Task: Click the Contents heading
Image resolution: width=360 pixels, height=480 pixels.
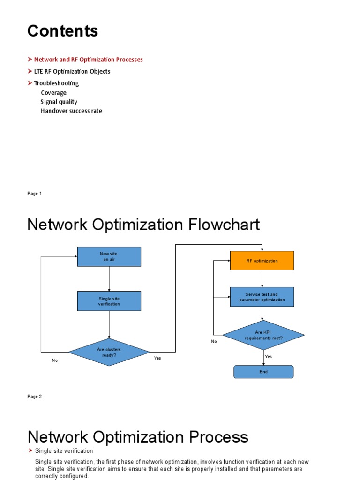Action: pyautogui.click(x=63, y=31)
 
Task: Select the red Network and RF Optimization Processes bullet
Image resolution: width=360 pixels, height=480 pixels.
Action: pyautogui.click(x=88, y=60)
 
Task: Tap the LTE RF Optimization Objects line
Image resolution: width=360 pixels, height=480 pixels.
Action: pyautogui.click(x=72, y=71)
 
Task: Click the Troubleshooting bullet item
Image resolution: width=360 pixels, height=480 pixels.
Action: pyautogui.click(x=56, y=83)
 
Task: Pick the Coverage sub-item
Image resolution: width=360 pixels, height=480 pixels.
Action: pyautogui.click(x=53, y=92)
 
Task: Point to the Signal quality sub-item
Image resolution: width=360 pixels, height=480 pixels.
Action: pyautogui.click(x=59, y=102)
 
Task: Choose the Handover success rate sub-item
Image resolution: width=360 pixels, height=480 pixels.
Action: pyautogui.click(x=71, y=111)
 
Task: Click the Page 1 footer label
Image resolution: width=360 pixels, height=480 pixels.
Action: pyautogui.click(x=35, y=194)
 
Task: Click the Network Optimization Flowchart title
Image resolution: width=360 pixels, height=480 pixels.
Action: pyautogui.click(x=143, y=225)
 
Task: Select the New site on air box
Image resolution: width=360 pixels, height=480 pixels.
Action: pyautogui.click(x=109, y=256)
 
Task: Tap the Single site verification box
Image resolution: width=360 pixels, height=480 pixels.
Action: pyautogui.click(x=109, y=301)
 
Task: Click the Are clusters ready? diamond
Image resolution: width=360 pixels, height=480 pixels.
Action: pyautogui.click(x=109, y=352)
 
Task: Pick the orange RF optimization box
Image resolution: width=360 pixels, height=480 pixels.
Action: pyautogui.click(x=262, y=261)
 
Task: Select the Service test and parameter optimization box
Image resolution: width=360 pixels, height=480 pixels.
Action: pyautogui.click(x=262, y=297)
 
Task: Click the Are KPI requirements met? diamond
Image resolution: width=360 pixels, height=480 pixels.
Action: pyautogui.click(x=263, y=335)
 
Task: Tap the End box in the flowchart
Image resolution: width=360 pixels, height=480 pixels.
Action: pyautogui.click(x=263, y=372)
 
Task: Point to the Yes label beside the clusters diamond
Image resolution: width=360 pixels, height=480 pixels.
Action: pyautogui.click(x=157, y=358)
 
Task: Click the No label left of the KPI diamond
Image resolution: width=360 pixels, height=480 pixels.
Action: pyautogui.click(x=214, y=342)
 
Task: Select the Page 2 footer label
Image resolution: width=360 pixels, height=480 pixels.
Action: pyautogui.click(x=35, y=397)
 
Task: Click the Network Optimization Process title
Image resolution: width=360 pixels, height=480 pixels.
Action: pyautogui.click(x=138, y=437)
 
